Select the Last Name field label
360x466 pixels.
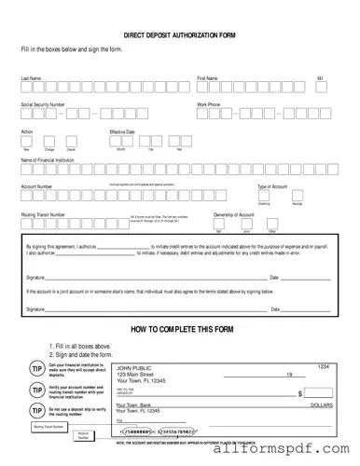tap(31, 78)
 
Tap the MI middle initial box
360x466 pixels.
tap(320, 89)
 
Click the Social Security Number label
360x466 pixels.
tap(43, 105)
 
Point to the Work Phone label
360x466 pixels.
tap(208, 105)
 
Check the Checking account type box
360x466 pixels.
tap(264, 197)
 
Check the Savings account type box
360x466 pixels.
tap(297, 197)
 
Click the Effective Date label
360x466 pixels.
tap(123, 132)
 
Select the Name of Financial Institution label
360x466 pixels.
tap(55, 159)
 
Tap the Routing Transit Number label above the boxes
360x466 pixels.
tap(43, 214)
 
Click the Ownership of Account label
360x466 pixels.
tap(233, 214)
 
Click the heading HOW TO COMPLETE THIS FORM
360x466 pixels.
tap(179, 331)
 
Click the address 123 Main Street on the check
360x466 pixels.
tap(140, 376)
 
